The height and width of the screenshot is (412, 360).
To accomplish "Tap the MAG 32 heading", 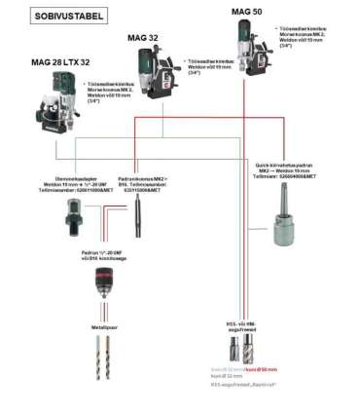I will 145,38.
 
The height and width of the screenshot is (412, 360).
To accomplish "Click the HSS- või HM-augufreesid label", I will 239,324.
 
